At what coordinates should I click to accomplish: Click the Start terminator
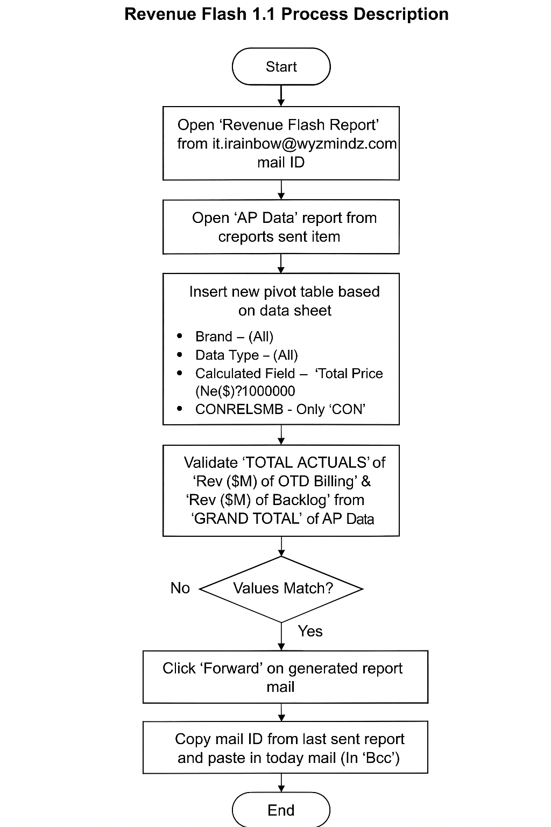pos(281,67)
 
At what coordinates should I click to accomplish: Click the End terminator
pos(281,810)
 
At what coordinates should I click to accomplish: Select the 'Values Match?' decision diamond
pos(281,588)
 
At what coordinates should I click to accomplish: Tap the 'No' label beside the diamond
pos(180,588)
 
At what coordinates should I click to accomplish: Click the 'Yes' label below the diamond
pos(310,631)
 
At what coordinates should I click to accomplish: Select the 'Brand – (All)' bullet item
pos(234,337)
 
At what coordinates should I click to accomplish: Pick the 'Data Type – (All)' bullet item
pos(246,355)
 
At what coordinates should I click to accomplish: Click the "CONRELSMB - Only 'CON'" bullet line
pos(280,409)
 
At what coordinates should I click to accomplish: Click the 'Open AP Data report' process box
pos(281,227)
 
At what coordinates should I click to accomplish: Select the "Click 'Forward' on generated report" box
pos(285,677)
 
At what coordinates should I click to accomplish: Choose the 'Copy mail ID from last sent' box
pos(285,747)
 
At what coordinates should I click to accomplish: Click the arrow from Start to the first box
pos(281,96)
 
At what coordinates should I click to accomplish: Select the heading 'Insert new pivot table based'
pos(284,292)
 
